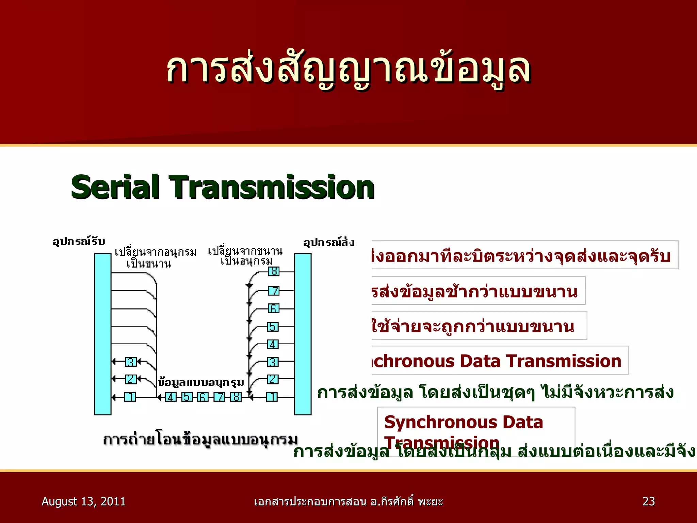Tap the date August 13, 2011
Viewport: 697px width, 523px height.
tap(83, 501)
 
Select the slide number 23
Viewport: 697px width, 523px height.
tap(648, 501)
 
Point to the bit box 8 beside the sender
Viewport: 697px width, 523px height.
tap(273, 272)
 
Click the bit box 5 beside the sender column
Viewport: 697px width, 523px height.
tap(273, 327)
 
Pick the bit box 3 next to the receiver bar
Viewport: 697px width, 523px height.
tap(131, 361)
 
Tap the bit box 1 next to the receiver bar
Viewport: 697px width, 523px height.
tap(130, 397)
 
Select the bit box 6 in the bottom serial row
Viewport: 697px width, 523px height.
tap(203, 397)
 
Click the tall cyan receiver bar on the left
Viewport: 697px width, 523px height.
tap(102, 334)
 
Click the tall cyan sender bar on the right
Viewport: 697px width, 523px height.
tap(303, 334)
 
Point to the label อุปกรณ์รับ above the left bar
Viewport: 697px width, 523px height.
tap(79, 241)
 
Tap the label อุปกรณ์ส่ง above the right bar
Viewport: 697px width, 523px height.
tap(329, 242)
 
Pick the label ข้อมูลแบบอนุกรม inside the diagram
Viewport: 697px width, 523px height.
tap(201, 383)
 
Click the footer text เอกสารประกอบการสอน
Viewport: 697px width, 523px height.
tap(310, 502)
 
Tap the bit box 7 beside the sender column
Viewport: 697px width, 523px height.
tap(273, 290)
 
